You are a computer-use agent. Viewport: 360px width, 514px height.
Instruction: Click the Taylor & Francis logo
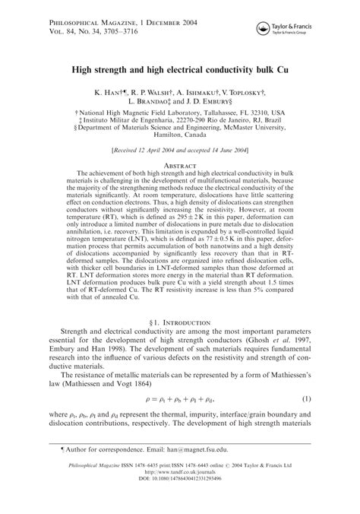point(297,28)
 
